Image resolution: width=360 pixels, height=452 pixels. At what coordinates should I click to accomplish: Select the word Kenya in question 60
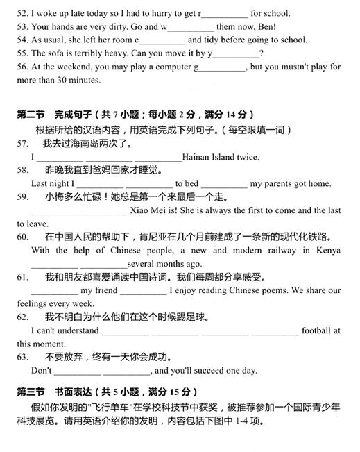pos(326,250)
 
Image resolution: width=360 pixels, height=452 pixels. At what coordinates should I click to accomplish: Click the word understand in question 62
pos(78,330)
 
